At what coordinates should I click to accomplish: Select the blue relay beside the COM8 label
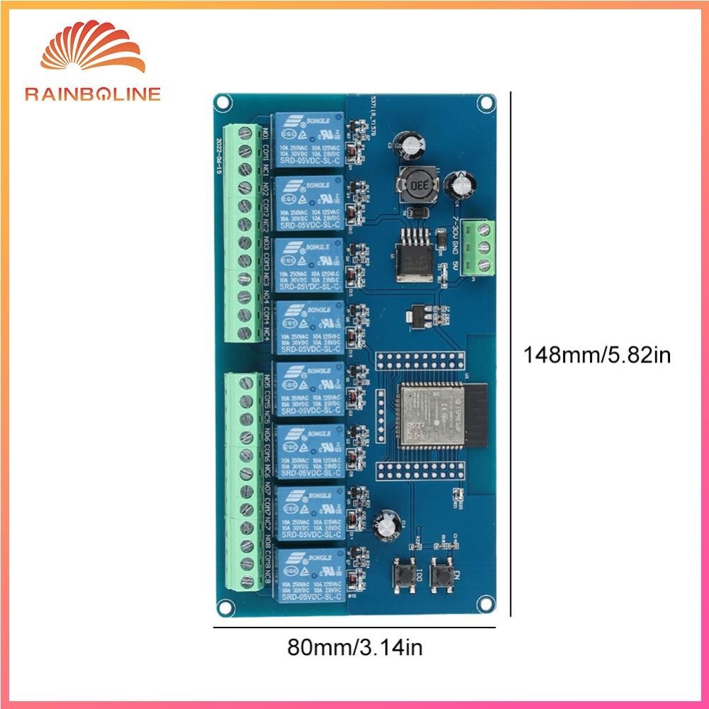click(x=309, y=572)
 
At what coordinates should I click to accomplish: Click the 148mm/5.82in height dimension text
click(x=596, y=354)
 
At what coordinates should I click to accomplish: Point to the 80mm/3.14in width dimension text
click(x=358, y=647)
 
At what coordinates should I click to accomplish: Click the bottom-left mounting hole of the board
click(x=225, y=606)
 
